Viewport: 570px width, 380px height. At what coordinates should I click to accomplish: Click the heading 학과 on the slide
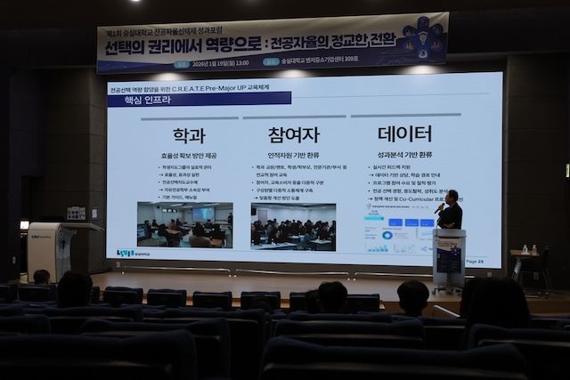pos(189,134)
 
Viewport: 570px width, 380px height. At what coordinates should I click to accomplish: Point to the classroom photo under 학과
pos(184,224)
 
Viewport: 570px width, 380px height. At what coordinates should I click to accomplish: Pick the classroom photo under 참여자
pos(293,226)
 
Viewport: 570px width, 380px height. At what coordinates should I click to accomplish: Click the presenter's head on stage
pos(452,196)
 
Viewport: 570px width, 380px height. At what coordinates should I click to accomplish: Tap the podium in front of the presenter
pos(449,256)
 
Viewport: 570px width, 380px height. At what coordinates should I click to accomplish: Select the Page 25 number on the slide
pos(475,262)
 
